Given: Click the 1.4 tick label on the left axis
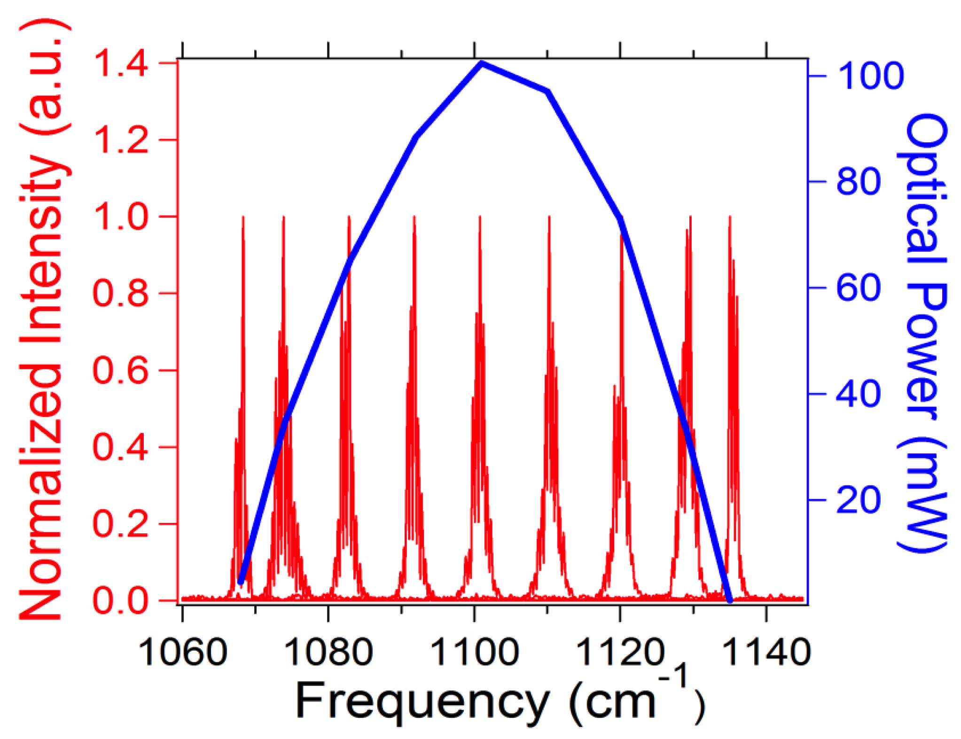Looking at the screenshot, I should coord(121,64).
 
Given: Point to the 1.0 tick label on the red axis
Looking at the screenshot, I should coord(121,217).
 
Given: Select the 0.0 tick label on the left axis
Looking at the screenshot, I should coord(121,600).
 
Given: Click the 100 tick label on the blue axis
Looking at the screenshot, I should coord(870,76).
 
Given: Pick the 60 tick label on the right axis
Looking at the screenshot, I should coord(858,288).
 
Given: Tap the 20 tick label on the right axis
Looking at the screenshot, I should coord(858,500).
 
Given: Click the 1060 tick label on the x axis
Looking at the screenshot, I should coord(183,652).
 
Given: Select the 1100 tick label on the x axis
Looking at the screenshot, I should coord(475,652).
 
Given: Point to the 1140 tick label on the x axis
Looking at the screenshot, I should coord(766,652).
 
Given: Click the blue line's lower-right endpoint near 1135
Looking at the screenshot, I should coord(729,599).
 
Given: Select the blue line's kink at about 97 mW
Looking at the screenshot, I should coord(547,92).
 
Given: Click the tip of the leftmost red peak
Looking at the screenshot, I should coord(243,218).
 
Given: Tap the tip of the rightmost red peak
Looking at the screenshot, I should coord(729,218).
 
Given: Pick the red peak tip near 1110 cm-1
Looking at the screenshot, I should coord(549,218).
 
